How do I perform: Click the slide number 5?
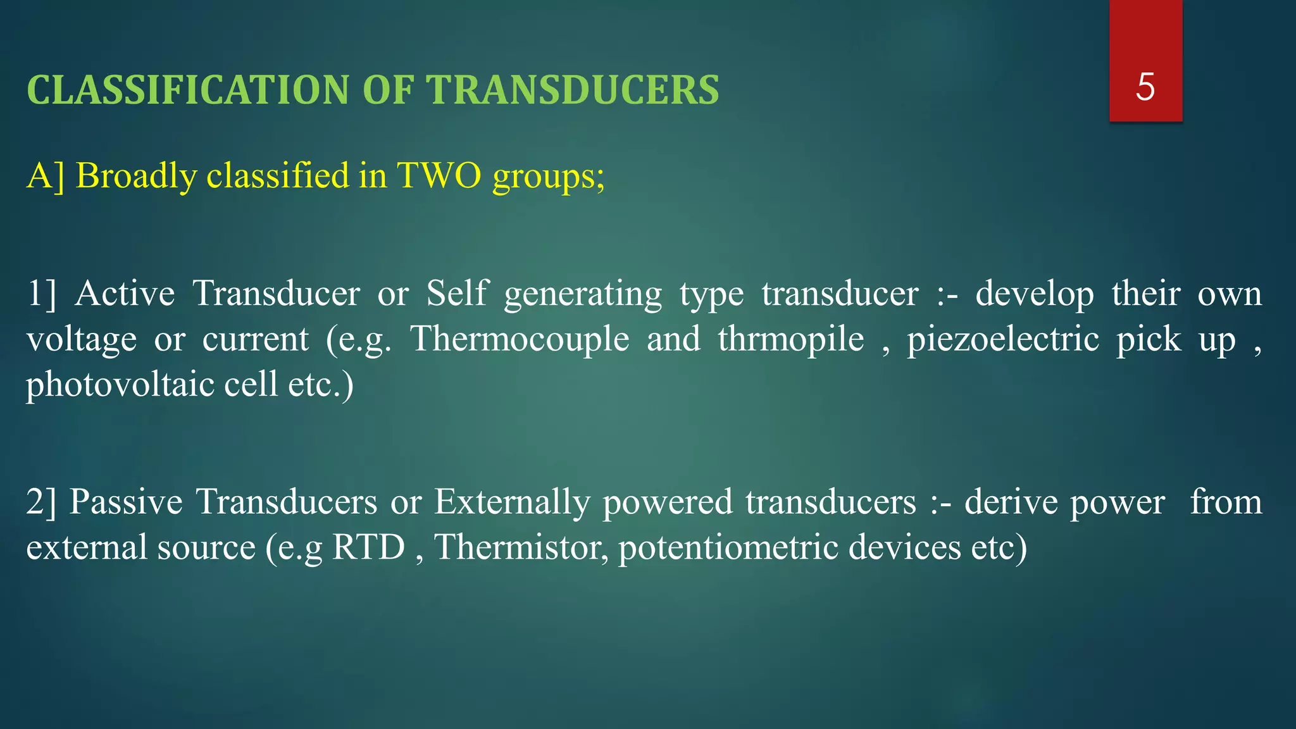[x=1145, y=87]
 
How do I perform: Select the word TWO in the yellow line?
[x=439, y=175]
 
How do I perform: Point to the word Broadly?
[x=136, y=175]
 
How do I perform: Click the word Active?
[x=125, y=294]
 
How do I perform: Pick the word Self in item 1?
[x=457, y=294]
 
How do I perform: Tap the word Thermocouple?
[x=520, y=340]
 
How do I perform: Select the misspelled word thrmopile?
[x=790, y=339]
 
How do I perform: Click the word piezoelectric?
[x=1003, y=340]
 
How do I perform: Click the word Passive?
[x=126, y=502]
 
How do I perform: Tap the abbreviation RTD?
[x=368, y=547]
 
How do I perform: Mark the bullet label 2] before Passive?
[x=41, y=502]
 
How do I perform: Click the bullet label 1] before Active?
[x=41, y=294]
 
